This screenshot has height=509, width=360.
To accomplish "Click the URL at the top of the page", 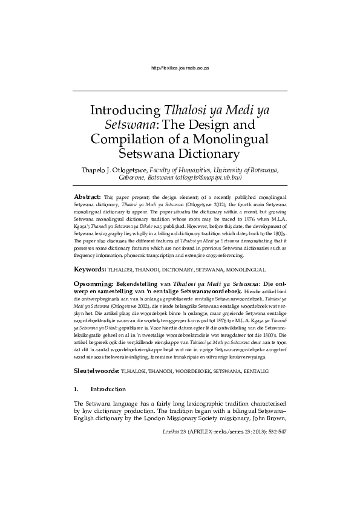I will (180, 68).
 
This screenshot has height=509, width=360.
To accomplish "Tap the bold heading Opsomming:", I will (93, 283).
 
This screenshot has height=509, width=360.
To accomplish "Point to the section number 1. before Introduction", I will (76, 389).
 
